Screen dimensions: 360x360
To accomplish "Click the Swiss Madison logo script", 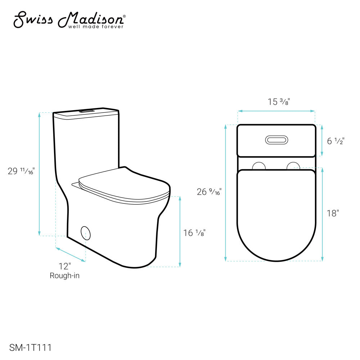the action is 69,19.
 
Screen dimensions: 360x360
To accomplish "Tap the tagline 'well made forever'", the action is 96,27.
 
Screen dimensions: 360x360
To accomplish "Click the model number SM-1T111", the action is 30,348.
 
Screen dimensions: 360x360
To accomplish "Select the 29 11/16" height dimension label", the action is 21,171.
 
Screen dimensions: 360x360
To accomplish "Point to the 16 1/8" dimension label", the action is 194,233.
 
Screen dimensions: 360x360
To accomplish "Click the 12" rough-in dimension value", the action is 65,266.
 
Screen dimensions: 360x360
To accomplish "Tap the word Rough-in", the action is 64,275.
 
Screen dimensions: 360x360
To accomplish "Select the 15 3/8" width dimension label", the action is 279,102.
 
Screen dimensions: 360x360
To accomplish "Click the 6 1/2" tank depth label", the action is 336,141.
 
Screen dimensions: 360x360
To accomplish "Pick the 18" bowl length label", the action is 333,213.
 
